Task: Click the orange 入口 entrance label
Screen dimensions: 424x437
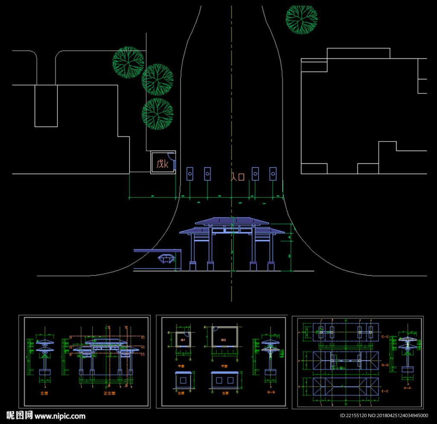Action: (x=237, y=177)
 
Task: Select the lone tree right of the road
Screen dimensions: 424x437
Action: (x=301, y=19)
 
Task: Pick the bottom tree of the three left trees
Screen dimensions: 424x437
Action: (x=157, y=114)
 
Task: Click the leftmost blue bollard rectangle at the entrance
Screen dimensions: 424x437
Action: (x=190, y=174)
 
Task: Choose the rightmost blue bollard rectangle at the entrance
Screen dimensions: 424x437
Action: (x=273, y=174)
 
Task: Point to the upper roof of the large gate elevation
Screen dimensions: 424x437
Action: (x=232, y=221)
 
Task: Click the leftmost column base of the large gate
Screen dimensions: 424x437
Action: (x=192, y=266)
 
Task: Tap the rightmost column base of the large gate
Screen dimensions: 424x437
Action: (x=271, y=266)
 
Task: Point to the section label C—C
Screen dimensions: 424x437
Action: (x=385, y=337)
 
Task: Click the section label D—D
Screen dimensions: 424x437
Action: (x=385, y=365)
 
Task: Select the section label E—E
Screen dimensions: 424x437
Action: (x=385, y=391)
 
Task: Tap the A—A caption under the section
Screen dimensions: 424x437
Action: (x=407, y=388)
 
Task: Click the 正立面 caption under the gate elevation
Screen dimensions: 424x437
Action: (x=109, y=393)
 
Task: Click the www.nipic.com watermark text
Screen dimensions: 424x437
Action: (x=60, y=416)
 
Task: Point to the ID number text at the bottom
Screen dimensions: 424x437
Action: (x=384, y=416)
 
